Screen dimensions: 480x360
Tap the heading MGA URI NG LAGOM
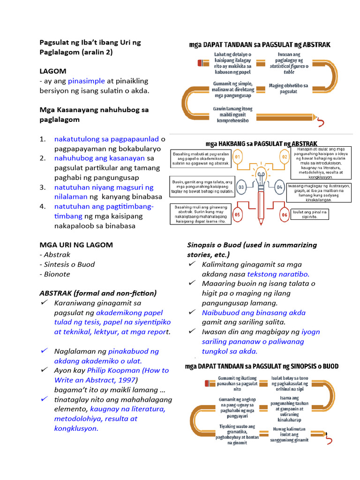coord(76,245)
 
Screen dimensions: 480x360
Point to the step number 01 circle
coord(238,156)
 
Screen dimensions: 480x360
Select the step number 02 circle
coord(284,156)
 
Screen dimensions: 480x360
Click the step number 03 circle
coord(242,187)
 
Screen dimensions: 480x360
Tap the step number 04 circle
coord(279,187)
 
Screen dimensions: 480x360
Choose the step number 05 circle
coord(238,215)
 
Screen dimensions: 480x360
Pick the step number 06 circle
coord(284,215)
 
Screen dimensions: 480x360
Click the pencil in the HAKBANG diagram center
coord(260,197)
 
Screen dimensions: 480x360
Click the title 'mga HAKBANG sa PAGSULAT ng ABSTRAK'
coord(262,143)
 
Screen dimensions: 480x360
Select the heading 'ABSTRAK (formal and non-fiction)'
coord(98,293)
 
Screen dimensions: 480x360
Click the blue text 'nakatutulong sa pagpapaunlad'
coord(106,139)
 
